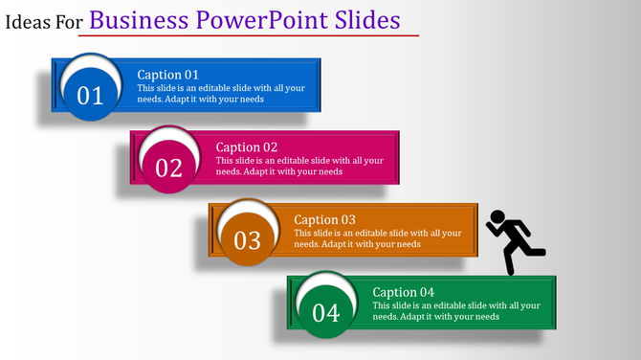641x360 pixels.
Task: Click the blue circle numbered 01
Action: (x=89, y=94)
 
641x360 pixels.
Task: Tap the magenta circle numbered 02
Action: (x=168, y=167)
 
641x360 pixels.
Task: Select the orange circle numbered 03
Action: (x=247, y=238)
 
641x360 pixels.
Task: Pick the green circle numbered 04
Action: (x=325, y=311)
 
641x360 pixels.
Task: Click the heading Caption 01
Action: (x=167, y=75)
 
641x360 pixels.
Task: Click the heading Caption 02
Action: (x=246, y=146)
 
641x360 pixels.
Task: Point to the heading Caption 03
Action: (x=324, y=219)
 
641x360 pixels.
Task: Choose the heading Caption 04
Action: (x=403, y=292)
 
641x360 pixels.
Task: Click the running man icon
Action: (x=514, y=241)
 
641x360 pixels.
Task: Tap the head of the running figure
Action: (x=497, y=216)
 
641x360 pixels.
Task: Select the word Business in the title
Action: (x=140, y=20)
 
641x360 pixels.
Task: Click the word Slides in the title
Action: (x=367, y=20)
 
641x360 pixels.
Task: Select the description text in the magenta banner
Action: (x=300, y=166)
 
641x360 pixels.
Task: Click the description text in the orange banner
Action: (x=379, y=238)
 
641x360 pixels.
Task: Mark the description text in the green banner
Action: (x=457, y=311)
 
